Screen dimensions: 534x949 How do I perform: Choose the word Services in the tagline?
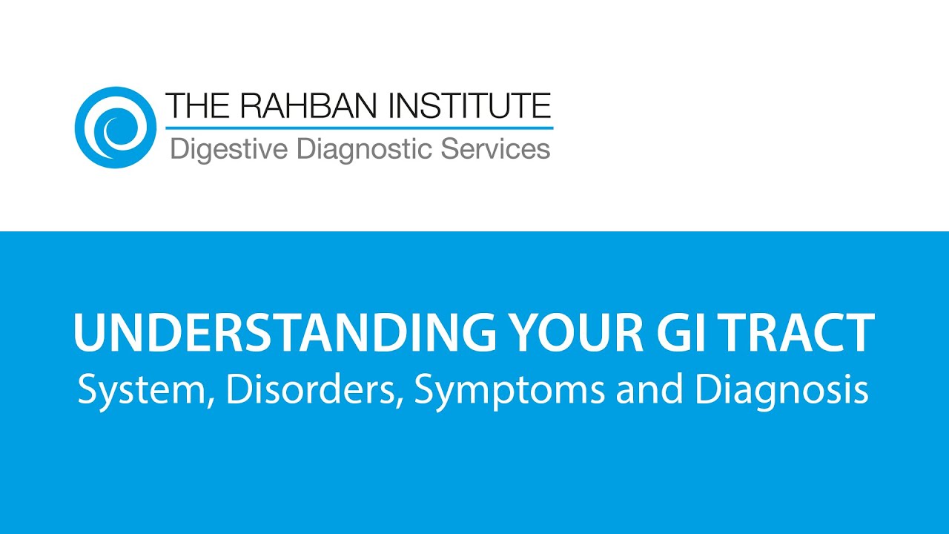point(495,148)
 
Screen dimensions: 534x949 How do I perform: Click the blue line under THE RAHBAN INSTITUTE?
point(359,128)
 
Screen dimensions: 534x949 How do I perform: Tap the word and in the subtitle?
point(649,389)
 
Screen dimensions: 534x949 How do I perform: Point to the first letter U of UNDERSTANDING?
point(90,333)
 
